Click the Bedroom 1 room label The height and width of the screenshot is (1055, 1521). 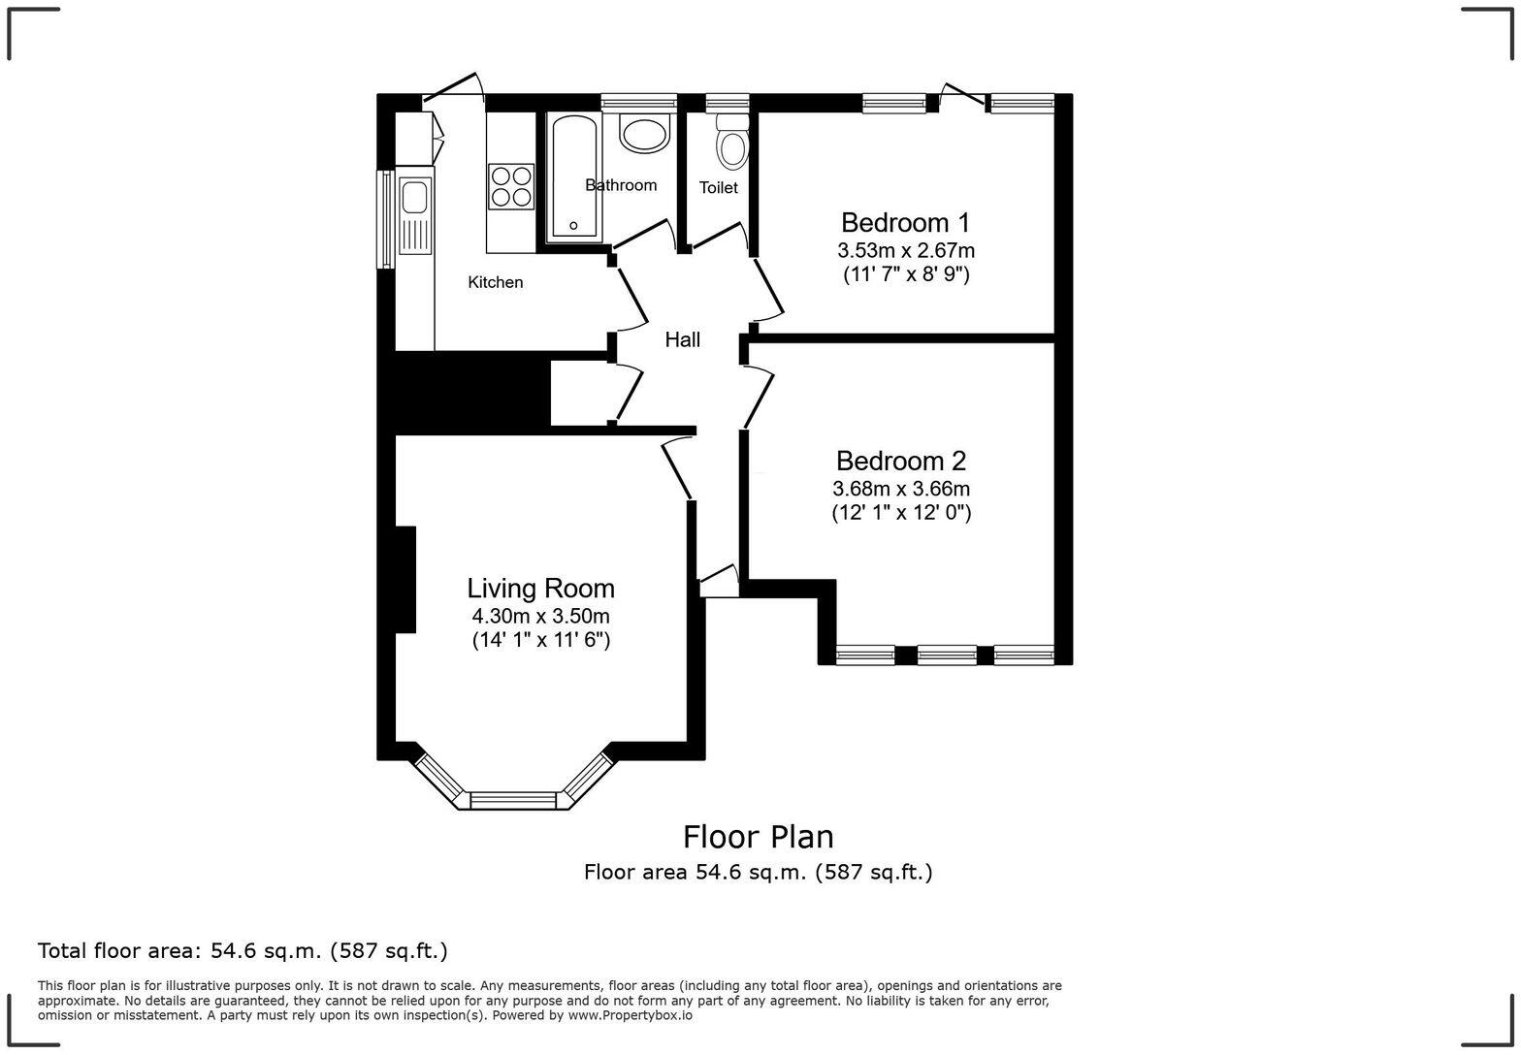click(x=904, y=223)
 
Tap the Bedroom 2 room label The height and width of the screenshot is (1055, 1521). click(x=900, y=462)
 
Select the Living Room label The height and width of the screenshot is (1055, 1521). click(x=540, y=589)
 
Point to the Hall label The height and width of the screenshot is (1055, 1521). click(x=682, y=340)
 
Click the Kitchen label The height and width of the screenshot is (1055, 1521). click(x=495, y=282)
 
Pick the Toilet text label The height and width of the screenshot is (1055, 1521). click(x=718, y=188)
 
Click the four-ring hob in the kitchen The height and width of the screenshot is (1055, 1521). click(x=511, y=186)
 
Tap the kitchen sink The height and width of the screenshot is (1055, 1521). click(x=414, y=198)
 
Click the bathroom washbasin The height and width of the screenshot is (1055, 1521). click(x=644, y=134)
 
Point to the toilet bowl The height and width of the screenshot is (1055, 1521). click(x=732, y=147)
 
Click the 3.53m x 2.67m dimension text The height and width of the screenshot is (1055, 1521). click(x=906, y=250)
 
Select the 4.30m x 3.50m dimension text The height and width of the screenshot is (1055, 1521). click(x=540, y=616)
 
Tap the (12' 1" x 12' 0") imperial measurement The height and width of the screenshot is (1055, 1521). click(x=900, y=513)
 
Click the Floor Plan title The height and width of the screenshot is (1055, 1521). click(x=758, y=836)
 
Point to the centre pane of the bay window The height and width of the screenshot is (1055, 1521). click(x=513, y=800)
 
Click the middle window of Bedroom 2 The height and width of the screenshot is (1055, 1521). click(x=946, y=655)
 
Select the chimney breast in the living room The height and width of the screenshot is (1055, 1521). click(x=405, y=579)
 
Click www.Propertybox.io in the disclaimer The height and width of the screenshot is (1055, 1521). click(x=631, y=1015)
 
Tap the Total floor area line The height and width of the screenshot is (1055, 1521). click(x=243, y=950)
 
